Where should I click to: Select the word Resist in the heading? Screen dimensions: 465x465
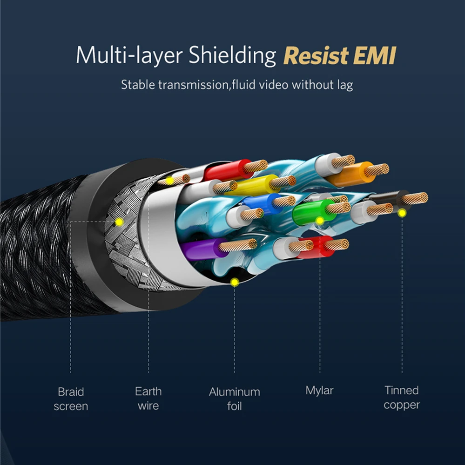point(316,55)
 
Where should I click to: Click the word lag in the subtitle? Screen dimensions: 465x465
point(344,85)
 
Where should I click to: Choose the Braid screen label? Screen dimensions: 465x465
point(71,399)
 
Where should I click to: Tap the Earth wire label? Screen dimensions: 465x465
point(148,398)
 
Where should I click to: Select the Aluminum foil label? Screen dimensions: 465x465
point(234,399)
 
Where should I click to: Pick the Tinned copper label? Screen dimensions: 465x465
point(402,398)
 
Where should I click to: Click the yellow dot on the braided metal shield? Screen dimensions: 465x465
point(119,222)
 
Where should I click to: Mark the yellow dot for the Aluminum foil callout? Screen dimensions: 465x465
point(235,282)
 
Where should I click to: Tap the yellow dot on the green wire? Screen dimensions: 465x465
point(319,220)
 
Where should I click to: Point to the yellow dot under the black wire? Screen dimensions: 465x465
point(402,213)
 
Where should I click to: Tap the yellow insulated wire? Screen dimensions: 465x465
point(251,185)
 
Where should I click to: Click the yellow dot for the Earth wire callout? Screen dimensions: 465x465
point(170,180)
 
